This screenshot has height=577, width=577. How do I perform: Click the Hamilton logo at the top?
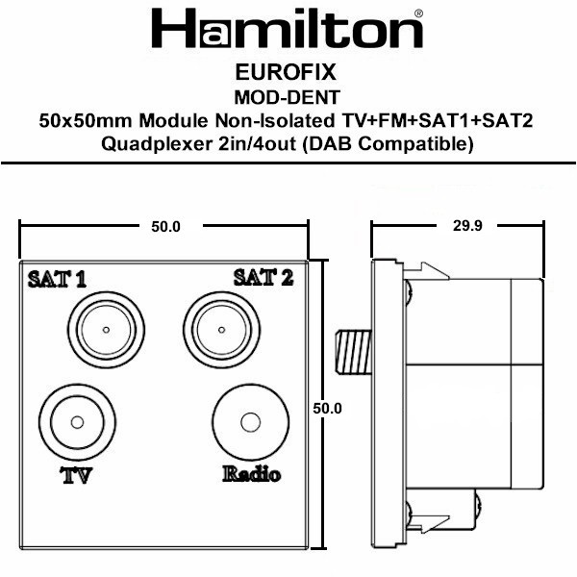pos(288,28)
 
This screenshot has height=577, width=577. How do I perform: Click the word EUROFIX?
pos(286,72)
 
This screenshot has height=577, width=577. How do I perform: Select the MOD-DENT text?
pos(287,97)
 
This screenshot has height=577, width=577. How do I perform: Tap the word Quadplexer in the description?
pos(156,144)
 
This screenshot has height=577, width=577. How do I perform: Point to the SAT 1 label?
pos(57,279)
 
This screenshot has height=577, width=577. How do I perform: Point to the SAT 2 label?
pos(263,277)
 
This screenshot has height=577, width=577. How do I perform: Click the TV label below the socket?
pos(76,475)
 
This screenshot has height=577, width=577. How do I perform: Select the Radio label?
pos(251,473)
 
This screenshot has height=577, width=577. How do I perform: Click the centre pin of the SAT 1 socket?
pos(106,330)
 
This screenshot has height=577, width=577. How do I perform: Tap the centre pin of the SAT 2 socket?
pos(221,330)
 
